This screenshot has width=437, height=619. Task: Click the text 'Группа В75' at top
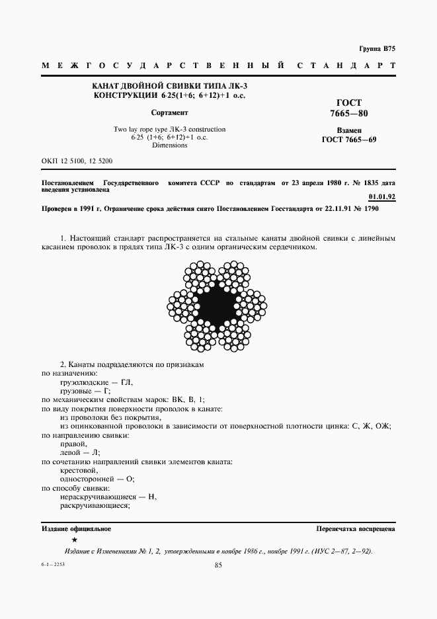click(x=377, y=50)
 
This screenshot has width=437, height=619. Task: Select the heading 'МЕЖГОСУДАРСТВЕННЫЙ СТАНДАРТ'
click(x=218, y=67)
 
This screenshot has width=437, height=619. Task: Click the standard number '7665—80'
click(x=348, y=114)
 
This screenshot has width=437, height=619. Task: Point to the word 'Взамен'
click(x=348, y=130)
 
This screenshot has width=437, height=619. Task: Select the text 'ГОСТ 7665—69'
click(x=348, y=140)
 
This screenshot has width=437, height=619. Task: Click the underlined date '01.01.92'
click(x=381, y=196)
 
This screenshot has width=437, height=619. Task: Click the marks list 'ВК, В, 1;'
click(x=187, y=400)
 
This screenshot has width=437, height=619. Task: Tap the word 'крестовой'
click(x=79, y=470)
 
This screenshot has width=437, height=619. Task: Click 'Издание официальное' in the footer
click(x=76, y=529)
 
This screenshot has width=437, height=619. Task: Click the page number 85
click(x=218, y=564)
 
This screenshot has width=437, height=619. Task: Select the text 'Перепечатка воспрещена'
click(x=356, y=529)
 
